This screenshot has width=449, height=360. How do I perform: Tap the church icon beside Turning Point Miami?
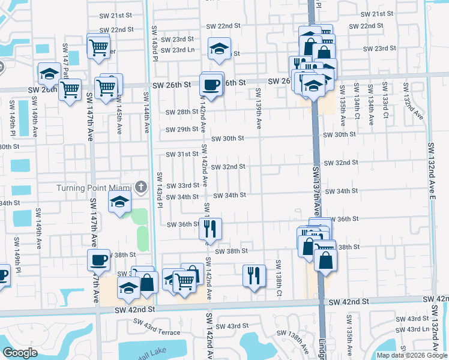click(x=141, y=187)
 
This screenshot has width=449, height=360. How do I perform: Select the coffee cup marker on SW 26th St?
click(x=211, y=85)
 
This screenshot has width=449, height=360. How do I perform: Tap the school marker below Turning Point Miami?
click(x=120, y=202)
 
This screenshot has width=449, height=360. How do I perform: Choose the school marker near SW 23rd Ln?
click(x=220, y=49)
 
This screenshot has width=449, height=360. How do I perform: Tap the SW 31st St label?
click(x=182, y=154)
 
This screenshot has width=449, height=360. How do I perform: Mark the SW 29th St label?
click(x=182, y=129)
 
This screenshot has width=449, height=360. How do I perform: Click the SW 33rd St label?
click(x=182, y=185)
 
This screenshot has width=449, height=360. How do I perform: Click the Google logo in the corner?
click(x=20, y=353)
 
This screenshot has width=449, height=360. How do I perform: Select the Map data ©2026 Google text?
click(x=411, y=355)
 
